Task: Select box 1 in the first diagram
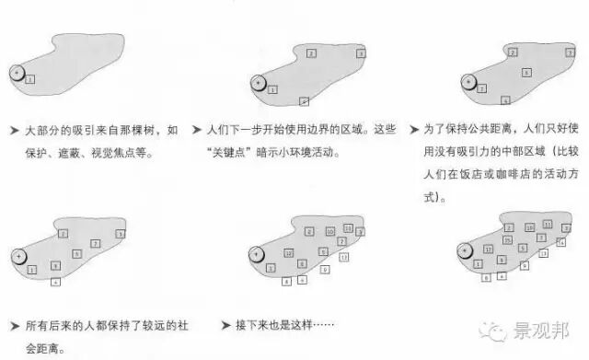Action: point(30,80)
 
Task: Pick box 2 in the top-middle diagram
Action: point(311,53)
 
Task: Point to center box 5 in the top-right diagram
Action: point(525,72)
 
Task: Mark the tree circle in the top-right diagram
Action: point(468,82)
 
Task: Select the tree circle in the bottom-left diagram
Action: point(17,255)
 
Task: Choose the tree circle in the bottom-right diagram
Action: point(467,250)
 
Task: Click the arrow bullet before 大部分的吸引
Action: point(12,129)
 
